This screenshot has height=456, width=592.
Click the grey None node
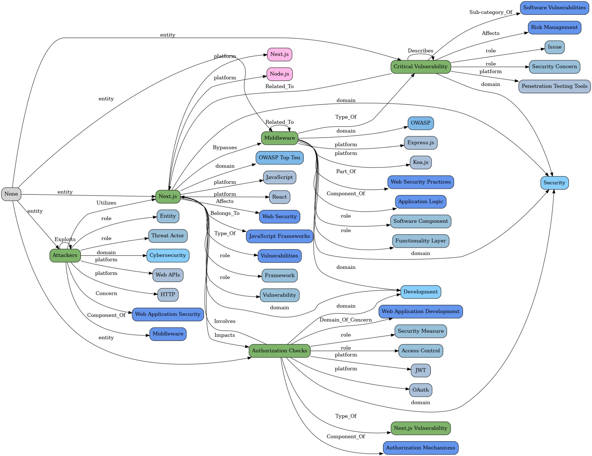11,194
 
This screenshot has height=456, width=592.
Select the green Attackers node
65,255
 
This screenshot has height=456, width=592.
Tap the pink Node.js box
279,74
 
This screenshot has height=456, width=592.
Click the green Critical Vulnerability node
420,67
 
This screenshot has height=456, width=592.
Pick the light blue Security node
554,183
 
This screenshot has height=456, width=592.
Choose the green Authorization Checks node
279,351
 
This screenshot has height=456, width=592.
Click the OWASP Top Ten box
279,158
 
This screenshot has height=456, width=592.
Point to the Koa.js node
420,162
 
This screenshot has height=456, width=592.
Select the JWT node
420,370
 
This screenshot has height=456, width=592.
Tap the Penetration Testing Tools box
554,86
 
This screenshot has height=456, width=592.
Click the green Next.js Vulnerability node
420,428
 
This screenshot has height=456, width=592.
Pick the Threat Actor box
168,236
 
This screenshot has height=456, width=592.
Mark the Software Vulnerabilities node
554,8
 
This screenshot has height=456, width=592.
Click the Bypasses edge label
225,148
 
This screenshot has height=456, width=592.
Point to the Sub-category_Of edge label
491,12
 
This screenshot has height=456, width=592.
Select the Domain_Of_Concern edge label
345,320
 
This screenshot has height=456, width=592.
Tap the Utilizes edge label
106,203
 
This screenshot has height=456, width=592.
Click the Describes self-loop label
420,51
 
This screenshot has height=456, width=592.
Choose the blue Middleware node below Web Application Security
168,334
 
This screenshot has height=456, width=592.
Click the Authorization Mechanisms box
420,448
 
